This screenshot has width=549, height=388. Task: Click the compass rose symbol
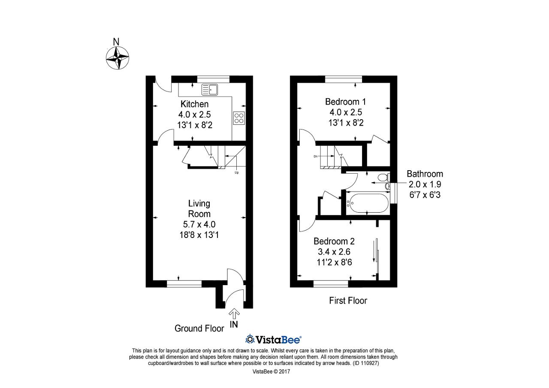pos(118,58)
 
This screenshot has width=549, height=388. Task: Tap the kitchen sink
pos(210,90)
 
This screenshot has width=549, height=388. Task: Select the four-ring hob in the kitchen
pos(239,118)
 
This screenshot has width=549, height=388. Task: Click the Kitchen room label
pos(195,104)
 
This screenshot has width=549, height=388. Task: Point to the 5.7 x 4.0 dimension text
pos(199,224)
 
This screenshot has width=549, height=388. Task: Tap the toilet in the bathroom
pos(383,177)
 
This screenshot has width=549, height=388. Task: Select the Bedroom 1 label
pos(346,102)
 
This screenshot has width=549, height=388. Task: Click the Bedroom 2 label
pos(334,241)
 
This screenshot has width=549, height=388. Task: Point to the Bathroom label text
pos(425,174)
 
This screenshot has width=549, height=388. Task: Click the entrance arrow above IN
pos(234,313)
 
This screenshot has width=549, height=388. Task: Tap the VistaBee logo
pos(273,340)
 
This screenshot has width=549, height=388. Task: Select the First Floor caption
pos(348,301)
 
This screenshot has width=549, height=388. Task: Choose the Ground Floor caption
pos(199,328)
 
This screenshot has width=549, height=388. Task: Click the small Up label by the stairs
pos(236,172)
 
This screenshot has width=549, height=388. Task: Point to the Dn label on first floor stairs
pos(315,156)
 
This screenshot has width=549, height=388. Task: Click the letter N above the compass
pos(116,42)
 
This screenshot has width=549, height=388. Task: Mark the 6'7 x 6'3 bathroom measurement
pos(425,195)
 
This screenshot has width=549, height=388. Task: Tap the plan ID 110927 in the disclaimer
pos(366,363)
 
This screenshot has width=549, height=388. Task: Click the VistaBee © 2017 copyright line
pos(271,372)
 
